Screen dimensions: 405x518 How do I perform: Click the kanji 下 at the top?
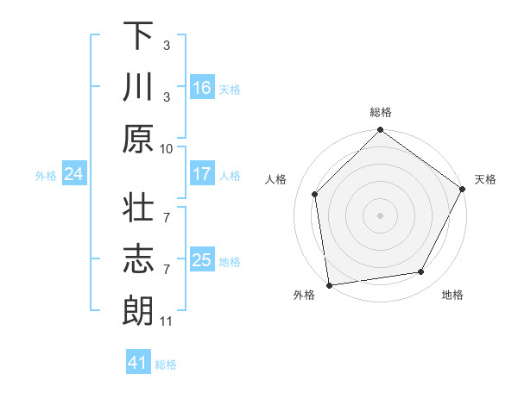[x=138, y=37]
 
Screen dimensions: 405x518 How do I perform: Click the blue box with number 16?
[x=202, y=88]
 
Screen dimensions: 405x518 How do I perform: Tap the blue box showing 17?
[x=202, y=174]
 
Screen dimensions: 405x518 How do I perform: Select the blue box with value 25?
[x=202, y=260]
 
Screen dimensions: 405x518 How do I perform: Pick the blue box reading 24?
[x=74, y=174]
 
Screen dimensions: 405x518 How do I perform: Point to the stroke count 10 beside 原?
[x=167, y=148]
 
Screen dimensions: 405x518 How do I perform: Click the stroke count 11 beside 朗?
[x=167, y=321]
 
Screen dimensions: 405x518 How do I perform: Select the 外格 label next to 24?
[x=46, y=176]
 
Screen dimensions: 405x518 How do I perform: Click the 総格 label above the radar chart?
[x=381, y=112]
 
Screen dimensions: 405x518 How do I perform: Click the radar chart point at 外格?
[x=329, y=284]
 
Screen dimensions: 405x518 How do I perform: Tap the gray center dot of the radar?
[x=380, y=215]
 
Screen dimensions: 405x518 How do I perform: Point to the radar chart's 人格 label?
[x=278, y=180]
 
